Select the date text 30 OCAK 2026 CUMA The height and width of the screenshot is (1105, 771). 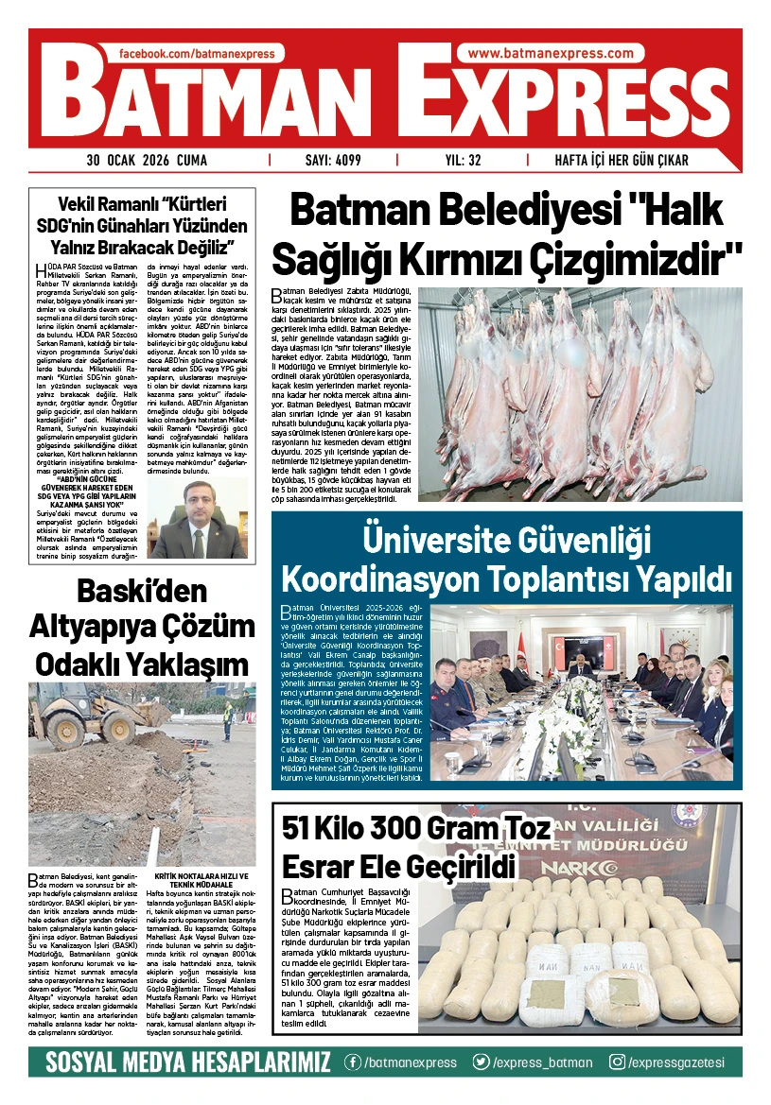(147, 161)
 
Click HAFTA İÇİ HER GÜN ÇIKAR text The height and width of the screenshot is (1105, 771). (622, 161)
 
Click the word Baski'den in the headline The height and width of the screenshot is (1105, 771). (142, 592)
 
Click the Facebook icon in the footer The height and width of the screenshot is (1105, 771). (353, 1062)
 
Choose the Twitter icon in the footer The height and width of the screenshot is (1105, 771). (482, 1062)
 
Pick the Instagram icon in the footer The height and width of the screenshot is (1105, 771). (617, 1062)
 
